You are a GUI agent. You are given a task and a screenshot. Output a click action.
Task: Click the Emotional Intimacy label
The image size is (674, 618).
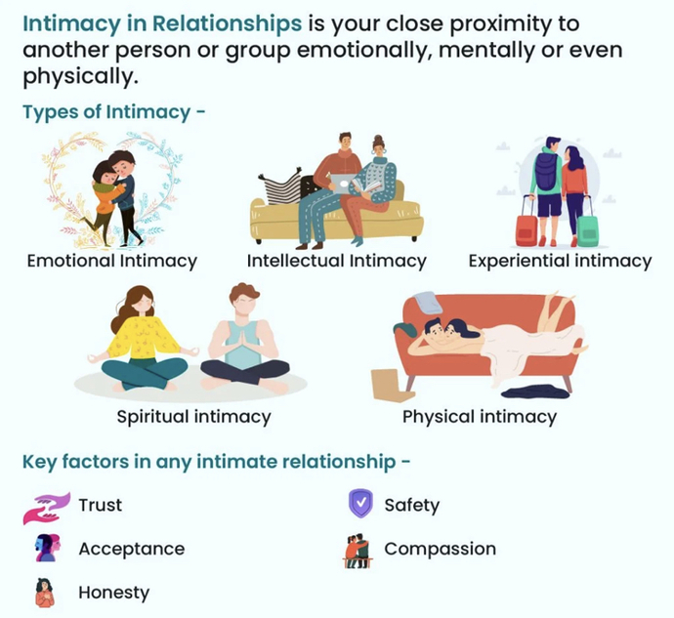[112, 261]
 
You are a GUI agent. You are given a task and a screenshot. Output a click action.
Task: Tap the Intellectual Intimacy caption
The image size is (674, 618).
[337, 261]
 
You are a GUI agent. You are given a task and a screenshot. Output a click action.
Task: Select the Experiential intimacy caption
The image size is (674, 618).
[560, 261]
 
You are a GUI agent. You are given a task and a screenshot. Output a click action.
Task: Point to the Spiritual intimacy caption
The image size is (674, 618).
[193, 417]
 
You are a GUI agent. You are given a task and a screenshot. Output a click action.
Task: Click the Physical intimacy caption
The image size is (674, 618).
[480, 417]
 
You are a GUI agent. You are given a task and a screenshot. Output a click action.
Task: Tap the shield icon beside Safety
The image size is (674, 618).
[360, 504]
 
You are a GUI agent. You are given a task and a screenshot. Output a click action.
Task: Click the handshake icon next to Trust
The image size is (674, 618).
[46, 506]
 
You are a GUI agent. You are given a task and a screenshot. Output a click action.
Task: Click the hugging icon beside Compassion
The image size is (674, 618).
[358, 549]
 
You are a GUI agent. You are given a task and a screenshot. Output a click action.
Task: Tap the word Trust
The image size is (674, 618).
[101, 506]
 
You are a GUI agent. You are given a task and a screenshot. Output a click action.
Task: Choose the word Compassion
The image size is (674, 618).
[440, 549]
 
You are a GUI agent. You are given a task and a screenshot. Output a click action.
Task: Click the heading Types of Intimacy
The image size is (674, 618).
[113, 111]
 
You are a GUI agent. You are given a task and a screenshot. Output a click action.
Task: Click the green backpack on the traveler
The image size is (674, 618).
[546, 173]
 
